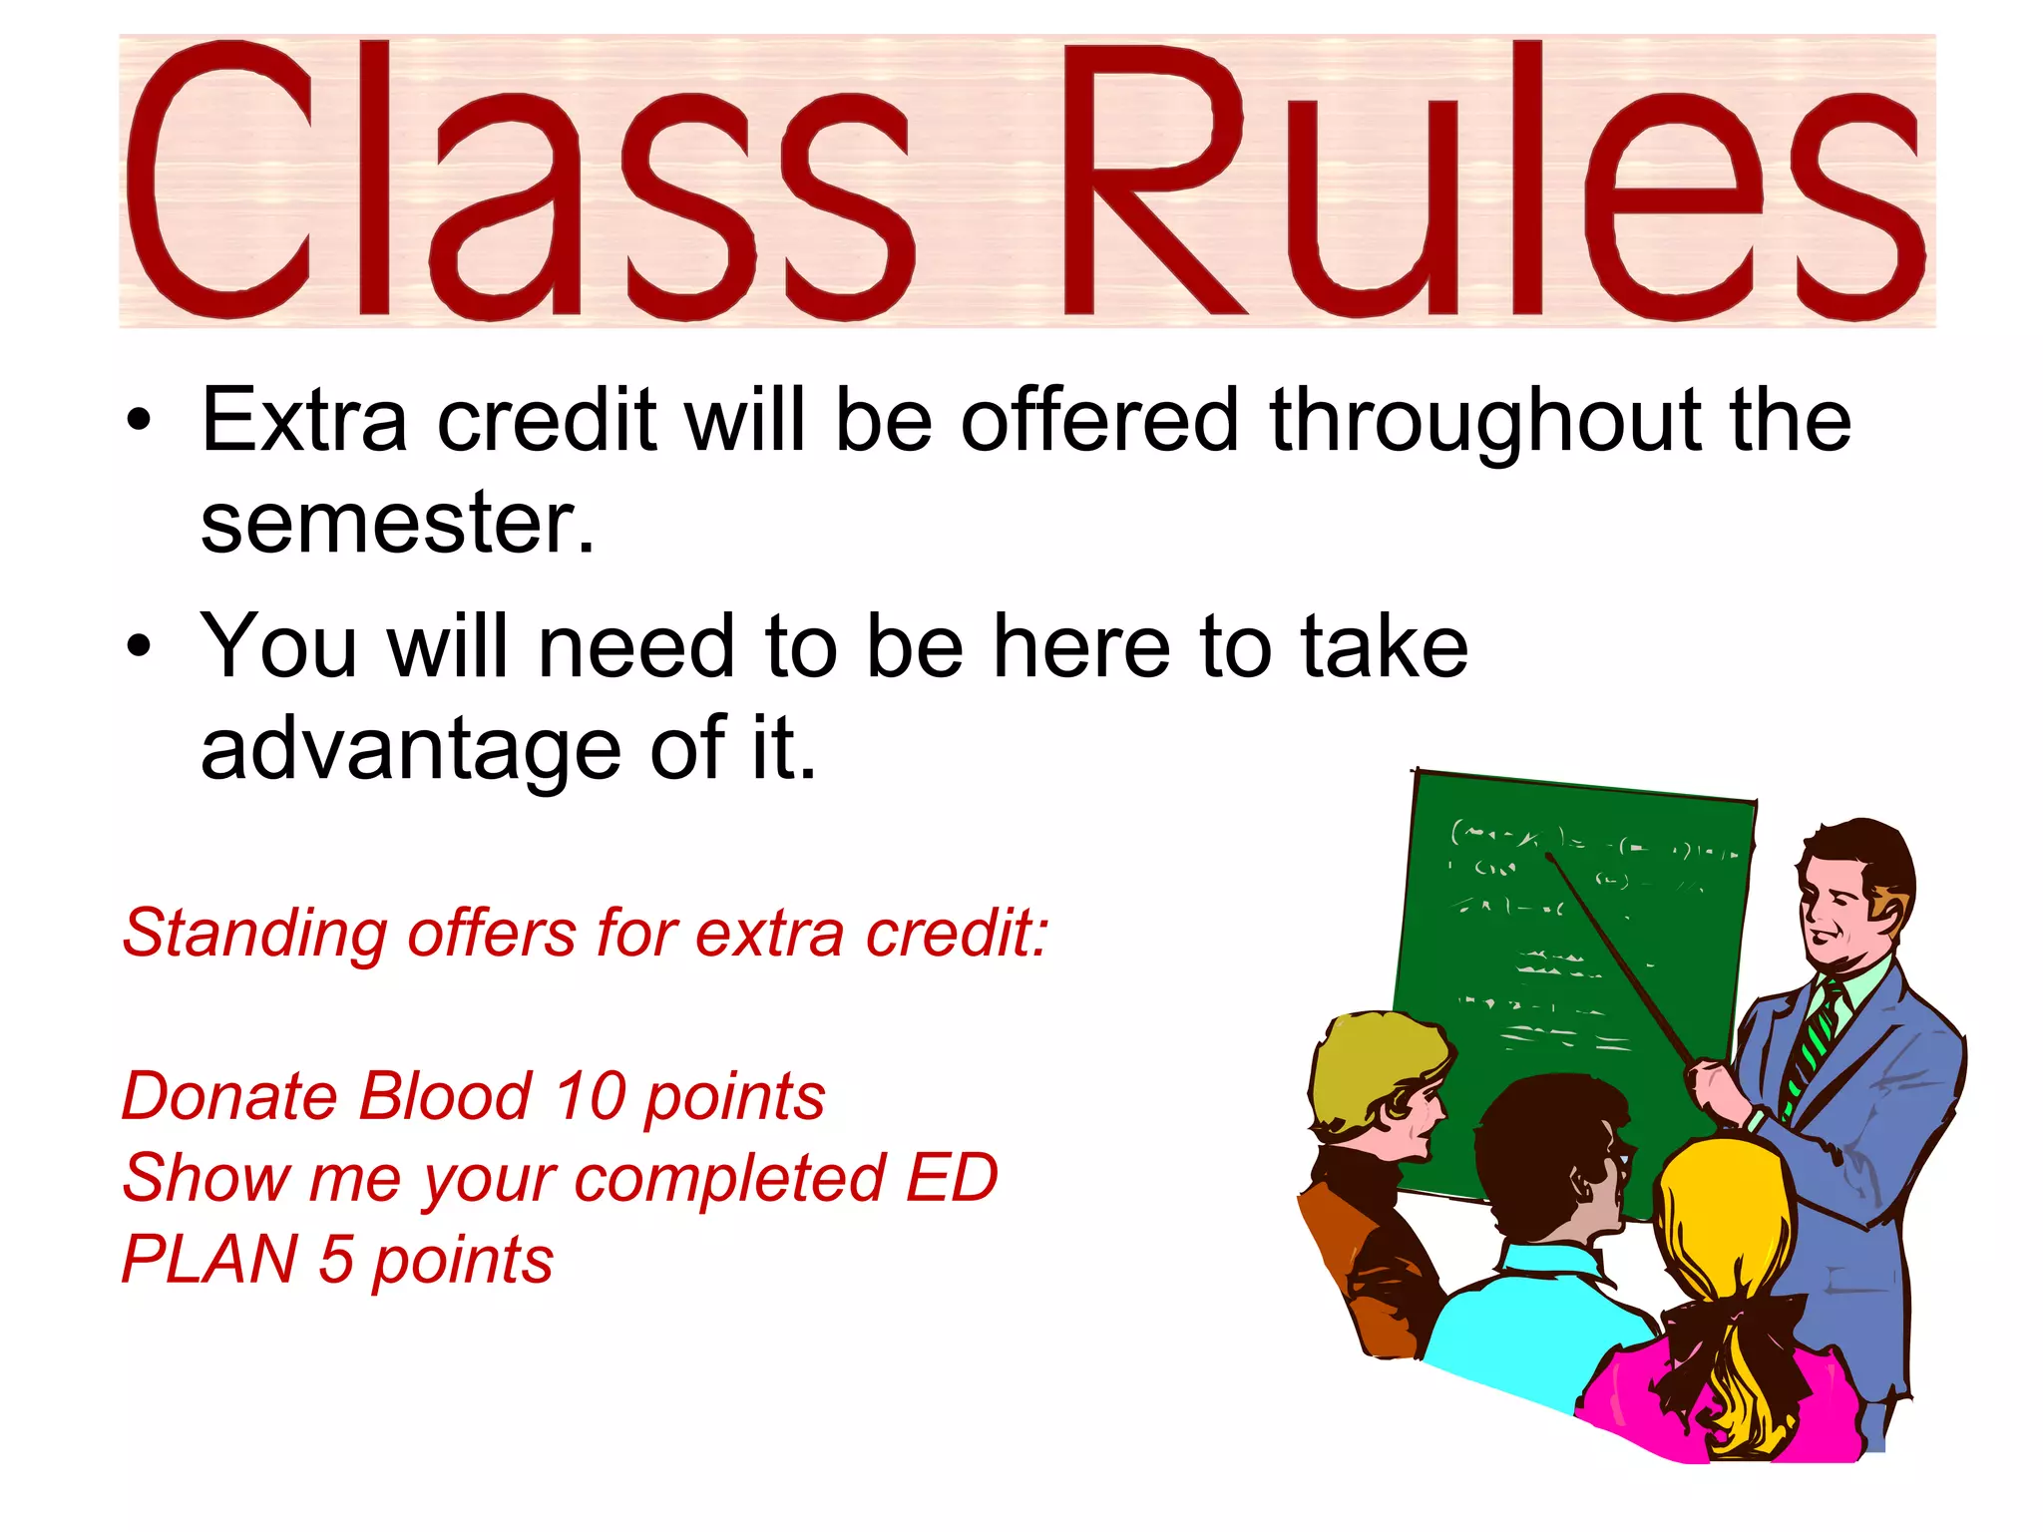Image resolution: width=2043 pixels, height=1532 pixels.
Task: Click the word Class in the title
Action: point(519,180)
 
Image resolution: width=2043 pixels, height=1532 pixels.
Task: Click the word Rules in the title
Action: point(1486,180)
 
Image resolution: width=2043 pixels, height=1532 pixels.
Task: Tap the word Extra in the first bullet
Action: point(303,420)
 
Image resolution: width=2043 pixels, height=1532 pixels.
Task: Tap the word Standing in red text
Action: point(253,935)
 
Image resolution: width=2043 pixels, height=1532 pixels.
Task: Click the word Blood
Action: point(445,1097)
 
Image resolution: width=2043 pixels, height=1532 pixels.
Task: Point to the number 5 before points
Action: point(336,1260)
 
